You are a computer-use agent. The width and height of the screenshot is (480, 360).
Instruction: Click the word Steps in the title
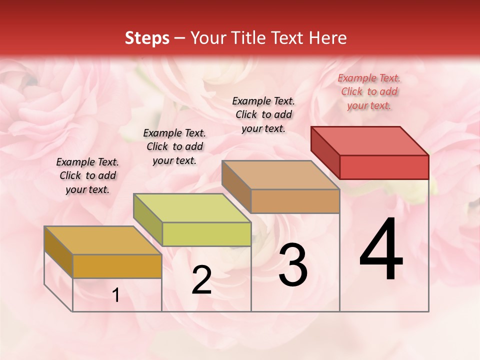tap(147, 38)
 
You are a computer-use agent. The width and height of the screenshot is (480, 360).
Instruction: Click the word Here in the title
tap(326, 38)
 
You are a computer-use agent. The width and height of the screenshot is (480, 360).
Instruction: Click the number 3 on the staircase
tap(293, 265)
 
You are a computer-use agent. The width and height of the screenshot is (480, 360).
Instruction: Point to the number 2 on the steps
tap(201, 280)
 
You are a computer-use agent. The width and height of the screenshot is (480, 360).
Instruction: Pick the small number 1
tap(116, 295)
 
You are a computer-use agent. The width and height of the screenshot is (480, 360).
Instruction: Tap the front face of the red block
tap(384, 167)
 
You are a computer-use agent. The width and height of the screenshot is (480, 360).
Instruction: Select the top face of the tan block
tap(280, 175)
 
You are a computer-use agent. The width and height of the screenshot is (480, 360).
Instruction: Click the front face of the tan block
tap(295, 201)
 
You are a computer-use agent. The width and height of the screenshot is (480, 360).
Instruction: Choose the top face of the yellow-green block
tap(192, 208)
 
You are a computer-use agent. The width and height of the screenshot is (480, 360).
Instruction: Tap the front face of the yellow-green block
tap(206, 234)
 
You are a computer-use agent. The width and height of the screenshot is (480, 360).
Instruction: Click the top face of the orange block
tap(103, 240)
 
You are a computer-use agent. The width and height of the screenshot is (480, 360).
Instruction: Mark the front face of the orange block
tap(117, 266)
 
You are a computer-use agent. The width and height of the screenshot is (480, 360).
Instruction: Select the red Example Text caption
tap(369, 91)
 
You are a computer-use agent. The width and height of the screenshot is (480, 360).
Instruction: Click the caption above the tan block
tap(263, 114)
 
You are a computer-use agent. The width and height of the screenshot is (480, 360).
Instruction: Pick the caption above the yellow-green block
tap(174, 146)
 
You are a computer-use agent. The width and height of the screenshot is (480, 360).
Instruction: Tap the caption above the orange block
tap(87, 175)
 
